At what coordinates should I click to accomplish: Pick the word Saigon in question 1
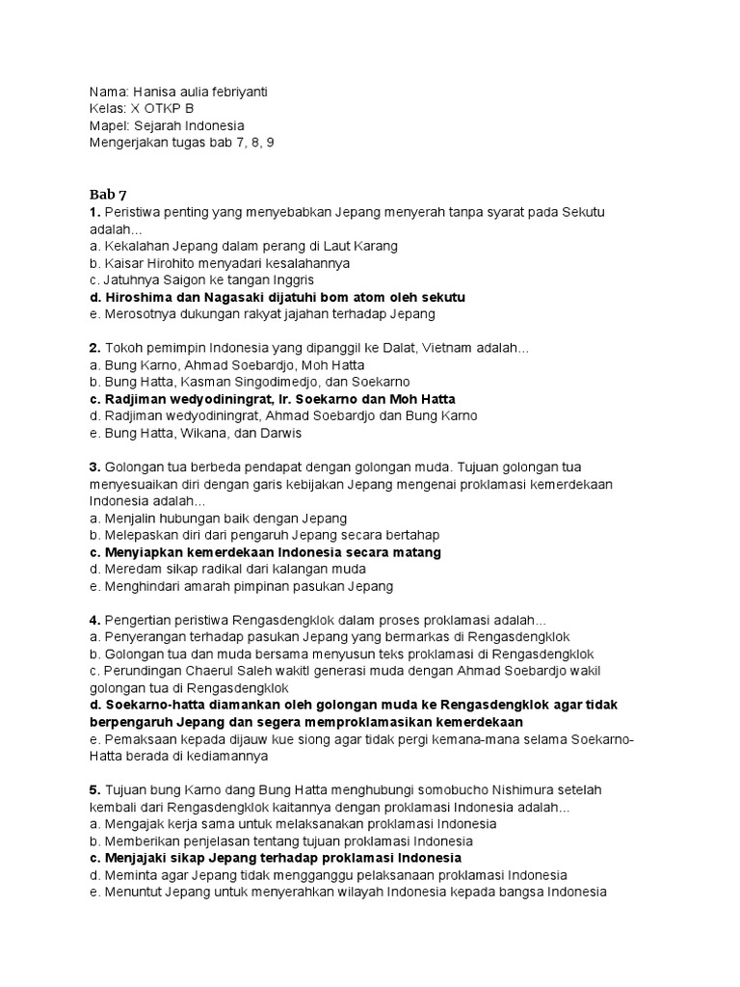[184, 280]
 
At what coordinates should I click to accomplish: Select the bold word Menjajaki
[138, 858]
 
